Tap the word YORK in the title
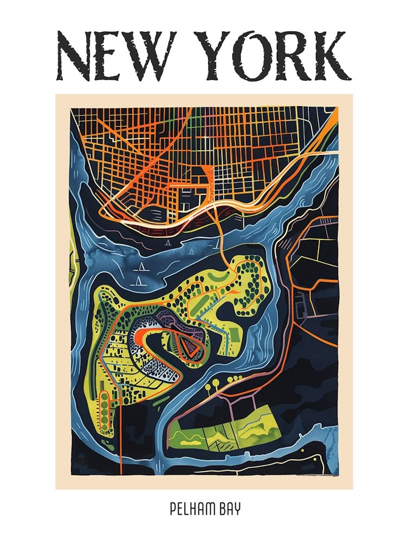pyautogui.click(x=270, y=55)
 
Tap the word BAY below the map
pyautogui.click(x=227, y=510)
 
